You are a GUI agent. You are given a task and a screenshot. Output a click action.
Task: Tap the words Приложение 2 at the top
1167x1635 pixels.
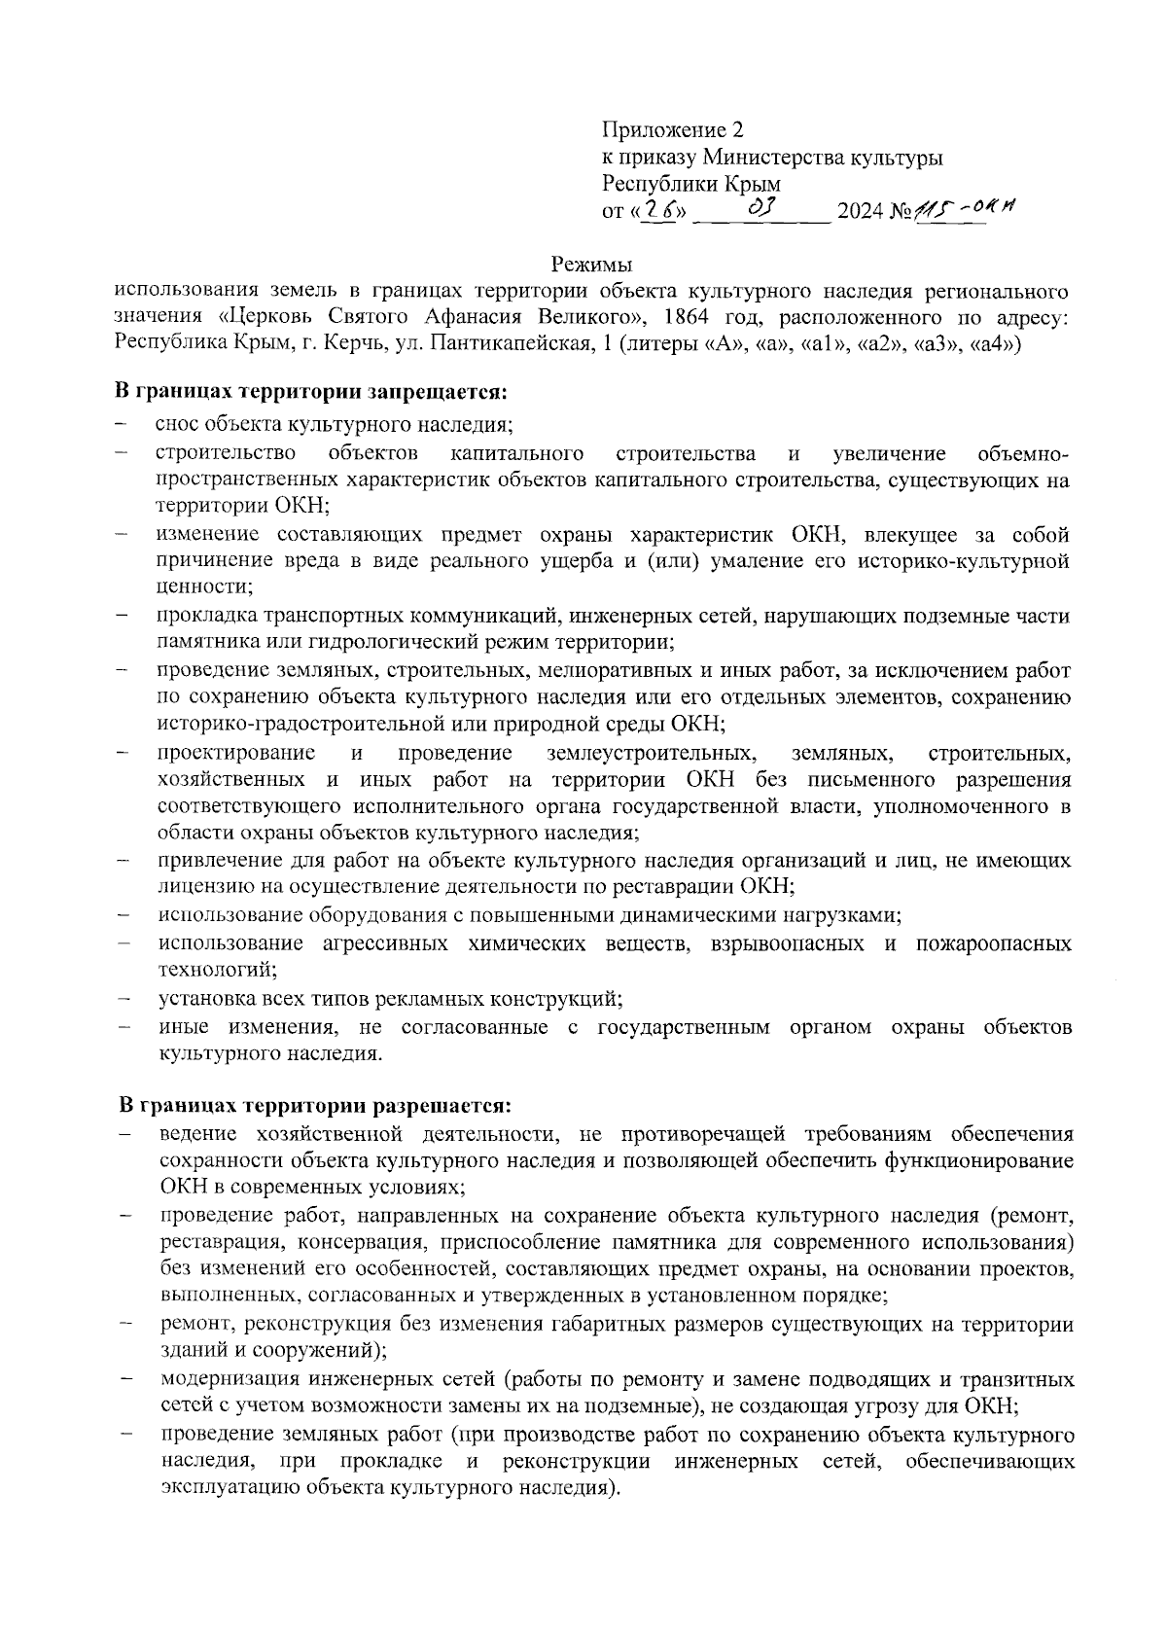pos(672,130)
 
